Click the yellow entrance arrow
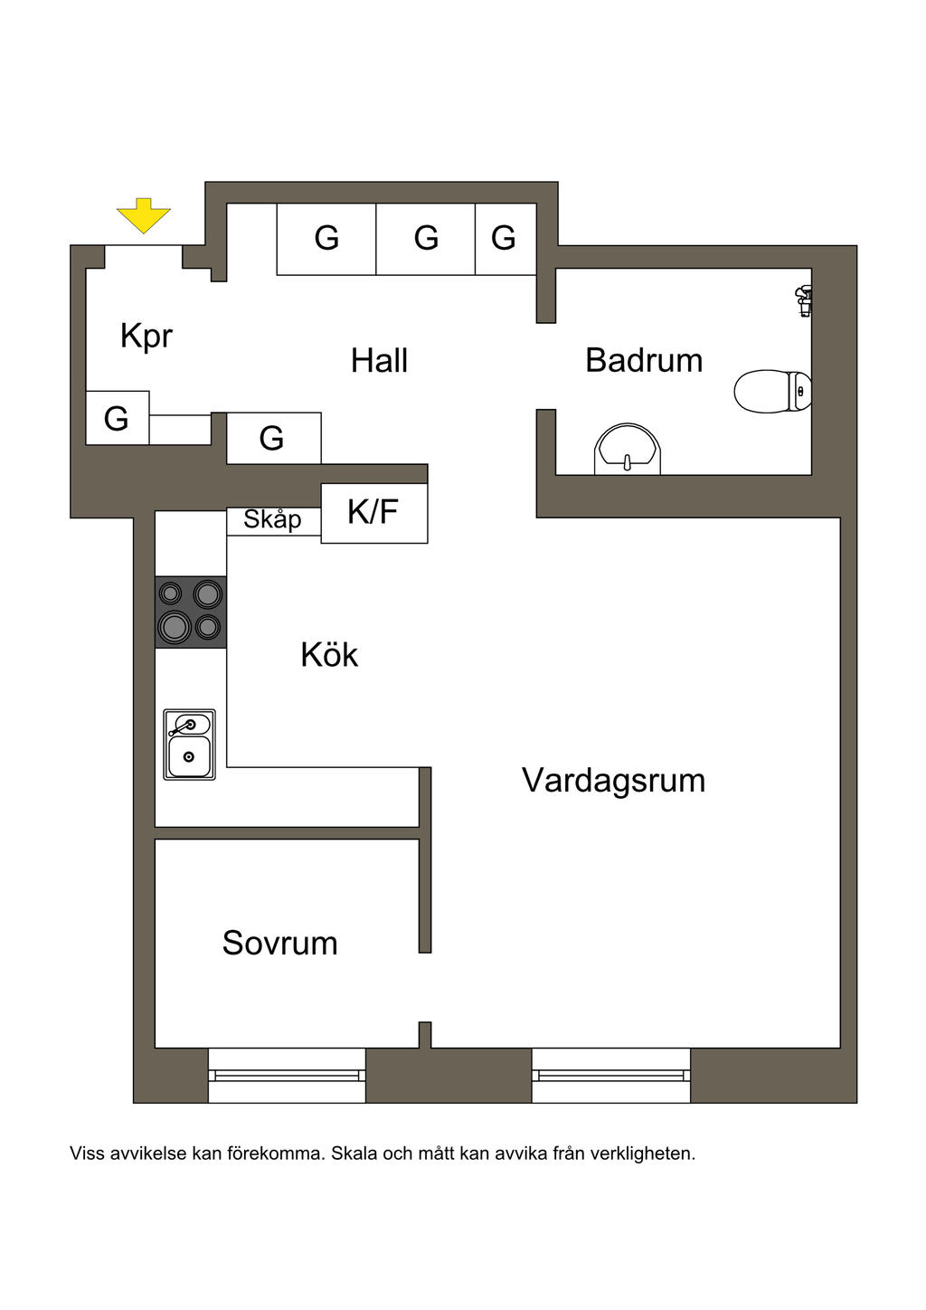pyautogui.click(x=143, y=216)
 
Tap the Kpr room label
pyautogui.click(x=146, y=336)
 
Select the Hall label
pyautogui.click(x=379, y=360)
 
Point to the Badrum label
pyautogui.click(x=643, y=360)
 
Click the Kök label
pyautogui.click(x=329, y=655)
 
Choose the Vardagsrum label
pyautogui.click(x=613, y=780)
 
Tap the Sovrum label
pyautogui.click(x=279, y=943)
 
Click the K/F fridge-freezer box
pyautogui.click(x=373, y=513)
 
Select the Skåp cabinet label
pyautogui.click(x=272, y=520)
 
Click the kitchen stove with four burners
pyautogui.click(x=191, y=612)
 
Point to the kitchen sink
pyautogui.click(x=189, y=745)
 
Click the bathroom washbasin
pyautogui.click(x=627, y=449)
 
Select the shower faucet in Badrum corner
pyautogui.click(x=803, y=299)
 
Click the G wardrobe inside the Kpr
pyautogui.click(x=117, y=418)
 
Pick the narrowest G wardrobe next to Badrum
pyautogui.click(x=505, y=239)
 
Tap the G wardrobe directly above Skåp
pyautogui.click(x=272, y=438)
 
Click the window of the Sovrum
pyautogui.click(x=287, y=1075)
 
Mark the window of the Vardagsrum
pyautogui.click(x=610, y=1075)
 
